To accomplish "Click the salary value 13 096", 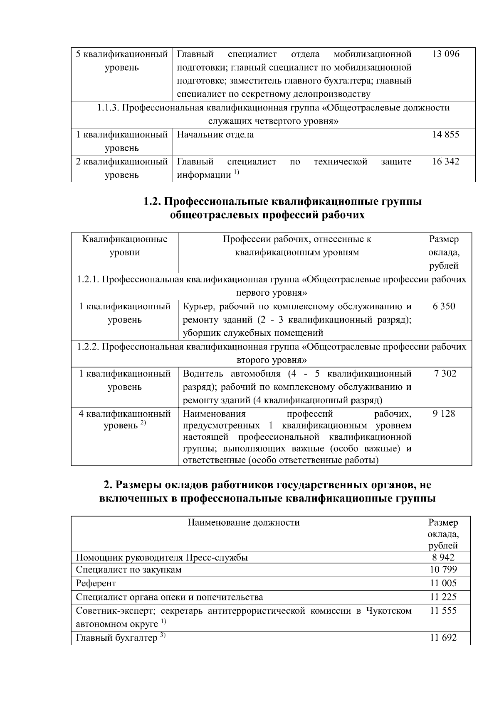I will (x=445, y=54).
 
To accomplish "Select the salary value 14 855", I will (x=445, y=135).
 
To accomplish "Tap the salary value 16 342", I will (x=445, y=162).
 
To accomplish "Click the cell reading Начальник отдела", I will (x=215, y=135).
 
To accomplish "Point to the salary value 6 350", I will (x=444, y=306).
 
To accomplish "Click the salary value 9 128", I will (x=444, y=414).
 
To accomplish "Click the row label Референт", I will (x=96, y=583).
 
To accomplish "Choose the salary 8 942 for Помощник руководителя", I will (x=443, y=557).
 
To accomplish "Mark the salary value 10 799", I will (x=443, y=570).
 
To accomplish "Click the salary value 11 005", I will (x=443, y=583).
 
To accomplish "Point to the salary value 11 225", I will (x=443, y=597).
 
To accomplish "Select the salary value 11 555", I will (x=443, y=611).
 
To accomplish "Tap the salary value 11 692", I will (x=443, y=638).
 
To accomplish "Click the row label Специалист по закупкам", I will (x=128, y=570).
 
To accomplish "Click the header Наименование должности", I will (x=243, y=522).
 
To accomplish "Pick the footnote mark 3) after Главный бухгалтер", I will (x=163, y=635).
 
